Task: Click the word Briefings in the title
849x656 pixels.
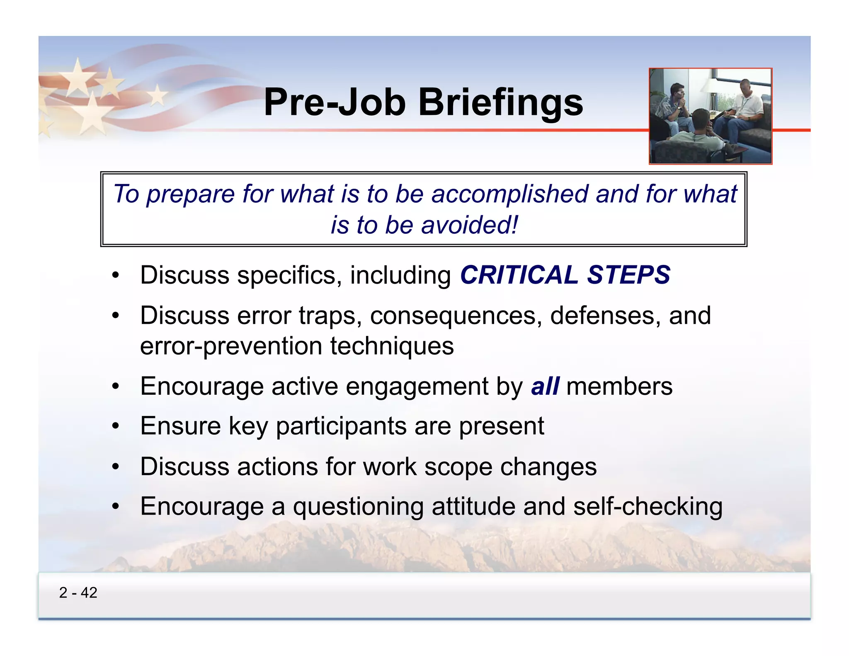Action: coord(500,102)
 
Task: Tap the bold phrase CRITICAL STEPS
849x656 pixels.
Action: coord(565,275)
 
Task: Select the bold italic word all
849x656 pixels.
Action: coord(545,386)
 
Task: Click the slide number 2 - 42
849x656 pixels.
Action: coord(78,593)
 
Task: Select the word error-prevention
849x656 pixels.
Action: coord(231,346)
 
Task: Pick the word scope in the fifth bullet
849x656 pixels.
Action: coord(458,466)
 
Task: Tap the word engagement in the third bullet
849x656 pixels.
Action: coord(417,387)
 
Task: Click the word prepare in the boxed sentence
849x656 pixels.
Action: coord(191,194)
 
